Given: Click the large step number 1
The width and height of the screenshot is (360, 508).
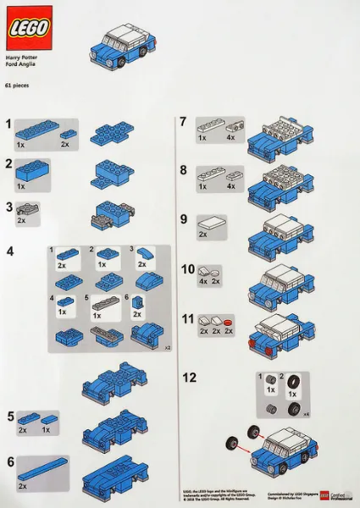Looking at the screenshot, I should click(8, 124).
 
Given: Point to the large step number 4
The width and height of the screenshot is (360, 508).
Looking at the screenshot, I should click(9, 251).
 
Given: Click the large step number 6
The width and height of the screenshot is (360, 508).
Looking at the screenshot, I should click(9, 462).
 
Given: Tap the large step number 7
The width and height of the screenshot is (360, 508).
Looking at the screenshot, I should click(182, 123).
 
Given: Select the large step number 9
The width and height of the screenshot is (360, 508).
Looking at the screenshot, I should click(183, 218).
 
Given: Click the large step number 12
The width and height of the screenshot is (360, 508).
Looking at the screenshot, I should click(191, 377).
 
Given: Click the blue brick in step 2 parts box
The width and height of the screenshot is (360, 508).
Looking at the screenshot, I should click(33, 172).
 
